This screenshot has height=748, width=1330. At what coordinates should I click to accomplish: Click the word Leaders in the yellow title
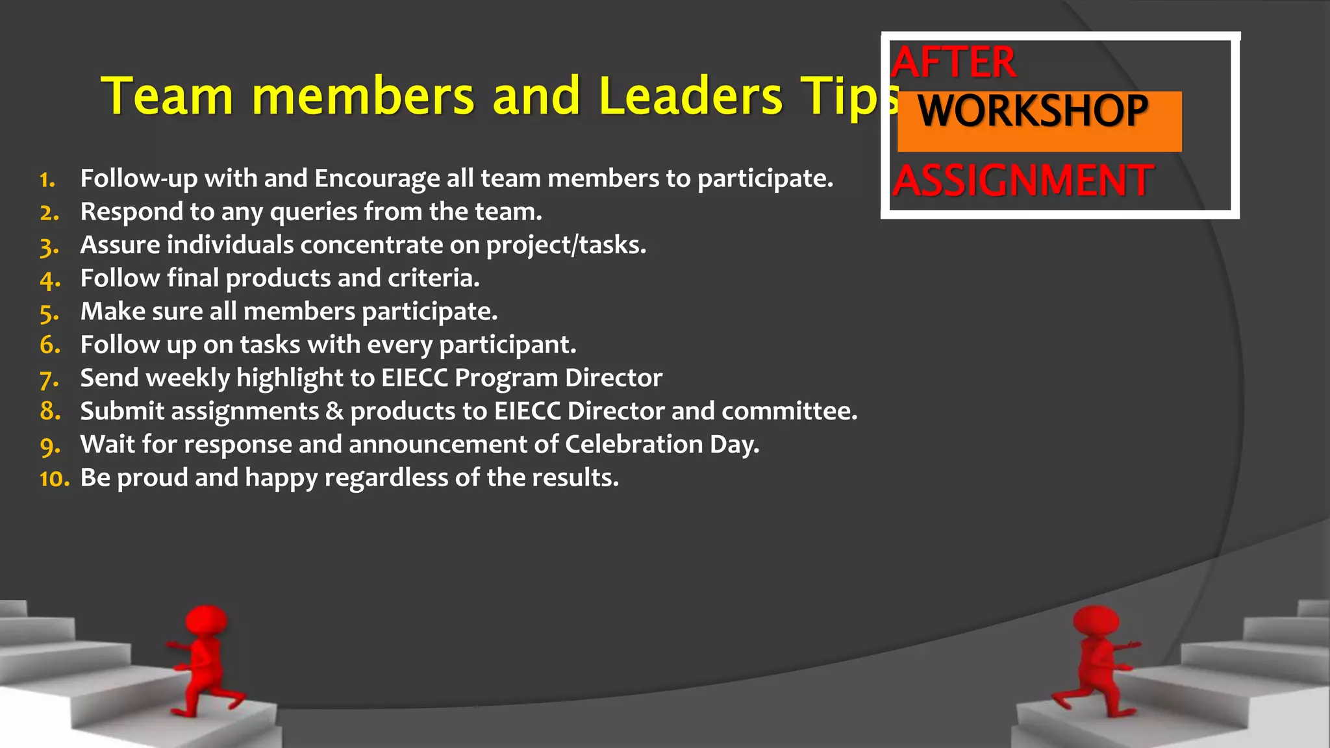pyautogui.click(x=690, y=96)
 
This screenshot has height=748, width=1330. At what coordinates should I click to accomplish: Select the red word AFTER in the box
pyautogui.click(x=953, y=63)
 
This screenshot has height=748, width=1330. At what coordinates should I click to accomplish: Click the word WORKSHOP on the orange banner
pyautogui.click(x=1033, y=111)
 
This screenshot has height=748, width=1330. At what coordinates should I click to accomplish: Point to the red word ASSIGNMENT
pyautogui.click(x=1023, y=181)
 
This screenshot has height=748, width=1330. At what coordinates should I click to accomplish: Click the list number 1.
pyautogui.click(x=47, y=180)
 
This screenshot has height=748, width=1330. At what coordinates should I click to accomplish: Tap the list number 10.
pyautogui.click(x=54, y=479)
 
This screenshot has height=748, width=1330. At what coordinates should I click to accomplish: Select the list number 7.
pyautogui.click(x=49, y=379)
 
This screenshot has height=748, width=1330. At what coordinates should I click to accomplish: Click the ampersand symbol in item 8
pyautogui.click(x=334, y=412)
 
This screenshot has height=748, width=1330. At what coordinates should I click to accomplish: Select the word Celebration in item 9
pyautogui.click(x=633, y=445)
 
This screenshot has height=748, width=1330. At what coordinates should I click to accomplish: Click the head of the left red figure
pyautogui.click(x=207, y=621)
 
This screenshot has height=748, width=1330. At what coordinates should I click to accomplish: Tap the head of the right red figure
pyautogui.click(x=1096, y=621)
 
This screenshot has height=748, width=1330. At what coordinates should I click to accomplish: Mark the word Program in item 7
pyautogui.click(x=506, y=379)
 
